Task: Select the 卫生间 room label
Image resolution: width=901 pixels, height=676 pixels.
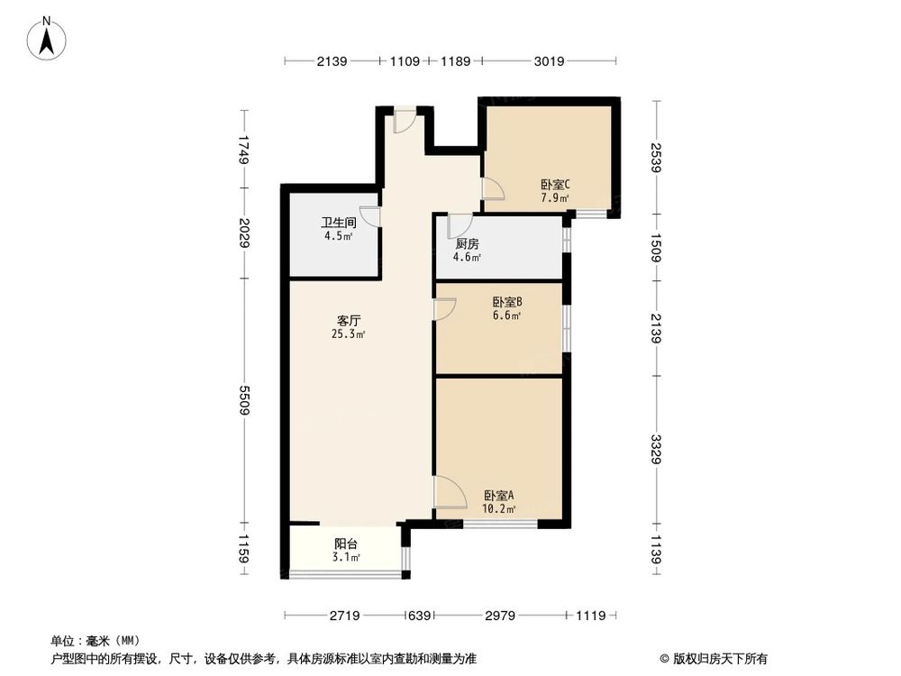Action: pyautogui.click(x=339, y=223)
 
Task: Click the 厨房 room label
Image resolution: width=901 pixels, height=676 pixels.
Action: pyautogui.click(x=466, y=244)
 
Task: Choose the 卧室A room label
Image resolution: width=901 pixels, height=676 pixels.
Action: pyautogui.click(x=498, y=496)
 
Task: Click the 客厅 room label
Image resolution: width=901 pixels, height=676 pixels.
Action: pyautogui.click(x=350, y=321)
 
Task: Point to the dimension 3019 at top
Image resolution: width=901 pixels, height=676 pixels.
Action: pyautogui.click(x=549, y=61)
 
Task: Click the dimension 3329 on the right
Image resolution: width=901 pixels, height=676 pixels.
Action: pyautogui.click(x=657, y=449)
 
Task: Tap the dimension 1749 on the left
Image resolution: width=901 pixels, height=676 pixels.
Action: pyautogui.click(x=243, y=149)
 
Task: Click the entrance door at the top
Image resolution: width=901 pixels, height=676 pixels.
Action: pyautogui.click(x=405, y=120)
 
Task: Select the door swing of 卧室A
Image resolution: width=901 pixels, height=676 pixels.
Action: pyautogui.click(x=448, y=492)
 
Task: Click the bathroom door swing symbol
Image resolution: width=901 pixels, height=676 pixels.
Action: pyautogui.click(x=370, y=216)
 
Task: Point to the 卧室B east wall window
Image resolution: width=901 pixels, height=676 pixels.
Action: pyautogui.click(x=566, y=328)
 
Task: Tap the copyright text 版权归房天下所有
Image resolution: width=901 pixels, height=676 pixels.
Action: pyautogui.click(x=718, y=658)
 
